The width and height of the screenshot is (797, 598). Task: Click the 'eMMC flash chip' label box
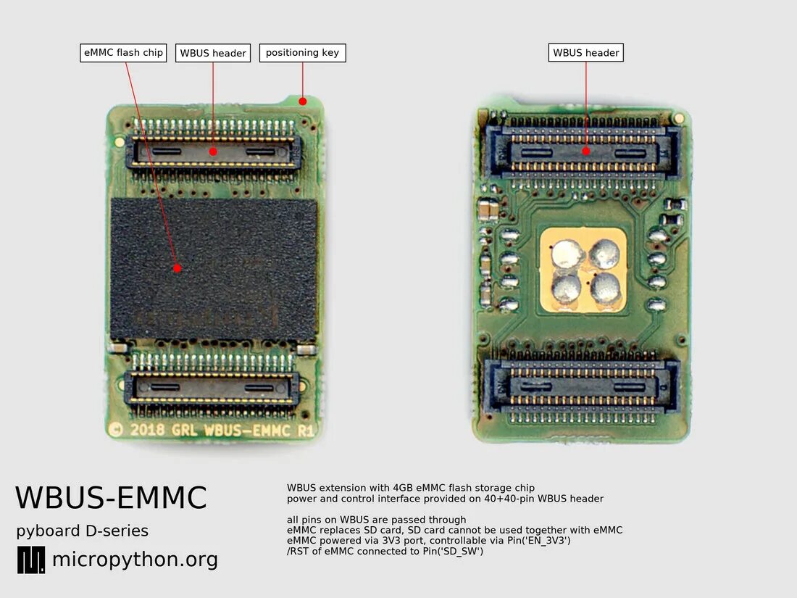pyautogui.click(x=123, y=53)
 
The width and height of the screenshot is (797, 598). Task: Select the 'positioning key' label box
pyautogui.click(x=302, y=53)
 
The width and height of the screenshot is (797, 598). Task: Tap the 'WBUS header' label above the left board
pyautogui.click(x=213, y=53)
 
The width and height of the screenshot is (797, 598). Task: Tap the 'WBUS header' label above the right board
pyautogui.click(x=586, y=53)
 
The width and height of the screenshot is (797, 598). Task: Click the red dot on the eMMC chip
pyautogui.click(x=178, y=268)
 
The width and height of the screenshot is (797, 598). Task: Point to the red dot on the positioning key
pyautogui.click(x=303, y=101)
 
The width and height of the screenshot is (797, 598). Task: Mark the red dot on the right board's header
pyautogui.click(x=586, y=151)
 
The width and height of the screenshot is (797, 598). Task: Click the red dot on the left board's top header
pyautogui.click(x=213, y=151)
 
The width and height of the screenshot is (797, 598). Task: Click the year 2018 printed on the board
pyautogui.click(x=149, y=429)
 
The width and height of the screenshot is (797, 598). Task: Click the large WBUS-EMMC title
pyautogui.click(x=111, y=499)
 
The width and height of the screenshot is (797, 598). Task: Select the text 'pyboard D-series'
pyautogui.click(x=82, y=531)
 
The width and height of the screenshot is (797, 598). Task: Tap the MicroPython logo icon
pyautogui.click(x=30, y=560)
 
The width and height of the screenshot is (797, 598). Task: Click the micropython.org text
pyautogui.click(x=135, y=560)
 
